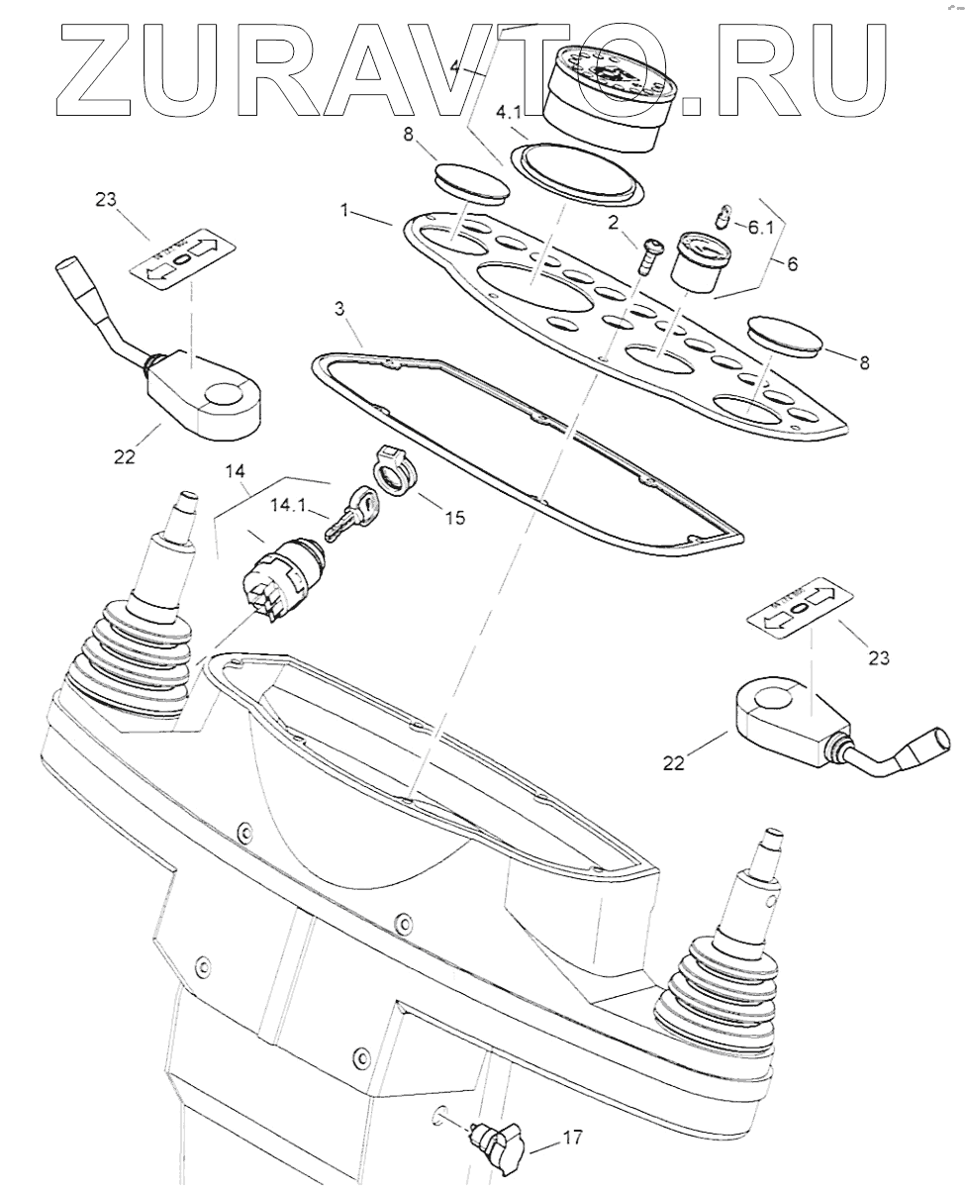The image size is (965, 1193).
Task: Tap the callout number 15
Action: point(454,517)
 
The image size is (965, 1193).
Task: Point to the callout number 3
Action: point(339,309)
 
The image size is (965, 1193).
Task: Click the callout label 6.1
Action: point(761,227)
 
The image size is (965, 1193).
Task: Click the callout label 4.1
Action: point(509,113)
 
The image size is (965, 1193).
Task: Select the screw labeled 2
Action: point(650,255)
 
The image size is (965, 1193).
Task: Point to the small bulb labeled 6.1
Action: point(724,215)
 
